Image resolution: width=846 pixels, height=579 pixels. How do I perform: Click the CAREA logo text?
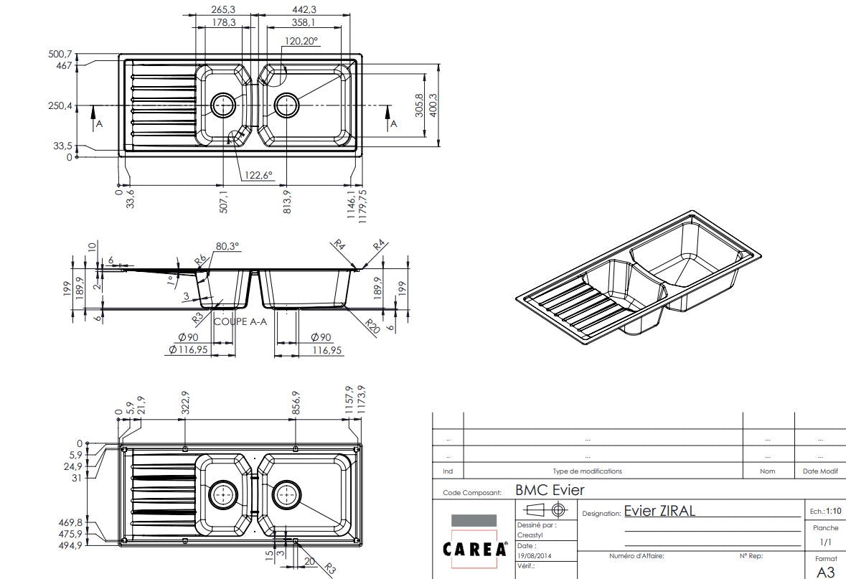coord(474,550)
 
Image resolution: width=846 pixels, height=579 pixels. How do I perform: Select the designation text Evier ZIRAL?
coord(659,511)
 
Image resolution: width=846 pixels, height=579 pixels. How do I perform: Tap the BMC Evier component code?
coord(550,491)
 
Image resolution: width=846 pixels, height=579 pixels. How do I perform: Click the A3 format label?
coord(825,572)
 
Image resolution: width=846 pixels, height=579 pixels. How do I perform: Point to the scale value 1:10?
coord(833,512)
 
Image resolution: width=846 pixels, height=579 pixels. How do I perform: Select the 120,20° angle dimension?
coord(301,41)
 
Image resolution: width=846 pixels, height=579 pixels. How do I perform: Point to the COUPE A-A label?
coord(240,321)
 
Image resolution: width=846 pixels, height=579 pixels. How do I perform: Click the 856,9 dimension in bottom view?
coord(296,402)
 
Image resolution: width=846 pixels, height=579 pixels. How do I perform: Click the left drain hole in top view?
coord(223,105)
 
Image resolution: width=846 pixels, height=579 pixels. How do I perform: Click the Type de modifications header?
coord(587,471)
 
